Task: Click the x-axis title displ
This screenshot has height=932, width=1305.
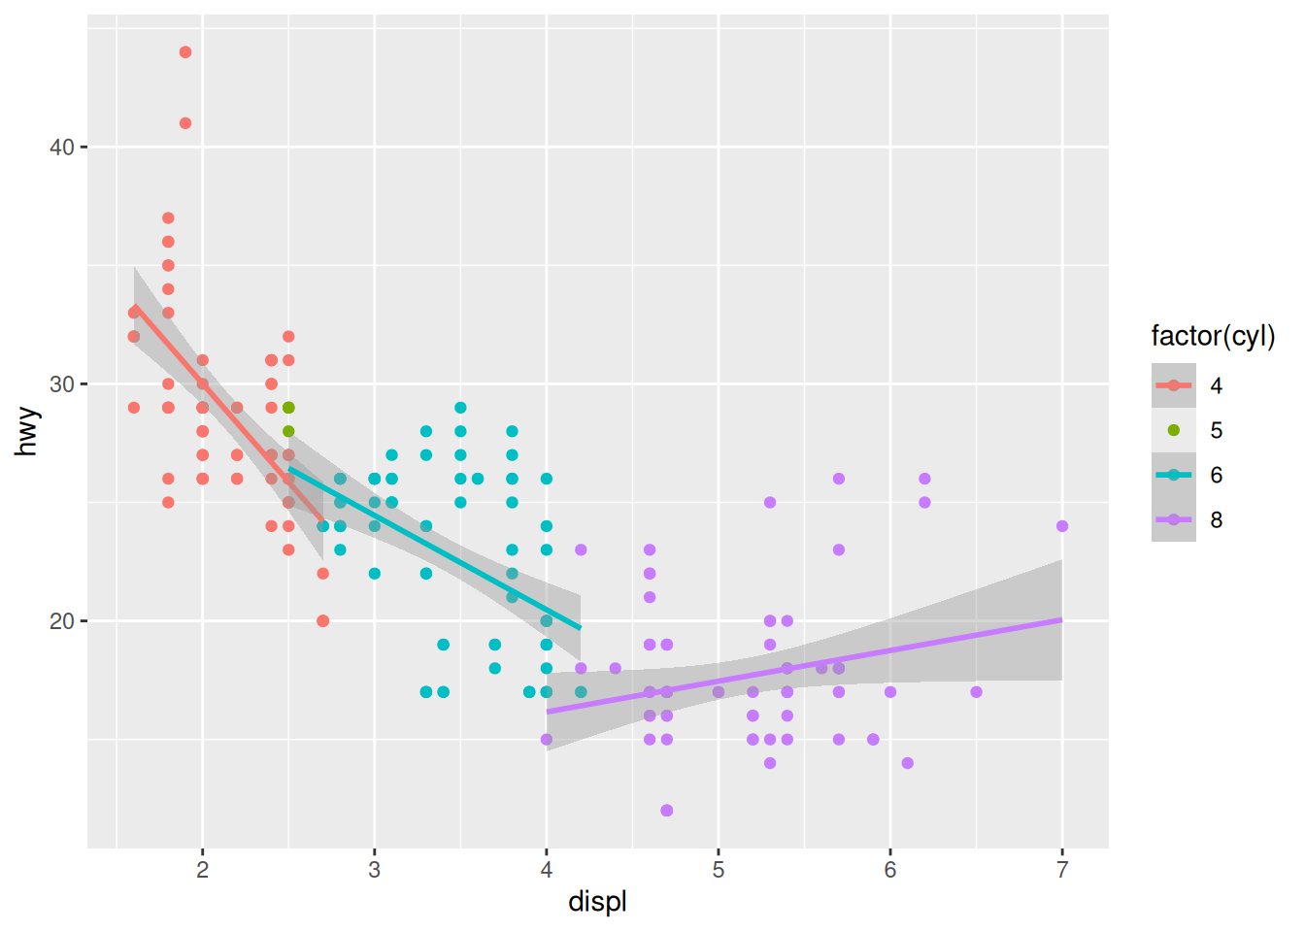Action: [x=597, y=902]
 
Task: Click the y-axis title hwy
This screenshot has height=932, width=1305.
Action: [x=27, y=432]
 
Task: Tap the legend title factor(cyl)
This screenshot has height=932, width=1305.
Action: [x=1213, y=336]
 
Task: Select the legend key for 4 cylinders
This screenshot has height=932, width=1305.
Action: [x=1174, y=385]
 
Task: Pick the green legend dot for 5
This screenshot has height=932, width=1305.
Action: [x=1174, y=430]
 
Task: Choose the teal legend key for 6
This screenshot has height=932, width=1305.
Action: [x=1174, y=475]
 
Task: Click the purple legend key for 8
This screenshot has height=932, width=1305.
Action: [x=1174, y=519]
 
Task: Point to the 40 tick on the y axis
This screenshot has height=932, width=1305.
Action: [x=62, y=148]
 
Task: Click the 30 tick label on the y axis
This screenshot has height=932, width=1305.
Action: [x=62, y=384]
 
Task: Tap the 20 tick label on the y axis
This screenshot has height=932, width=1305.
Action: [x=62, y=621]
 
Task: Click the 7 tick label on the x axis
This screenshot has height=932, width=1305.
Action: [x=1062, y=870]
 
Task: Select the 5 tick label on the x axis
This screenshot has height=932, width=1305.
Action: [x=719, y=870]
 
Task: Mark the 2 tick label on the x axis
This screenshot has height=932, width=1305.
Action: [x=202, y=870]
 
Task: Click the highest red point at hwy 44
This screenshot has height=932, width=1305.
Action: [x=185, y=52]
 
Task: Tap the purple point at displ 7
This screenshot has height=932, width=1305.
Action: [x=1062, y=526]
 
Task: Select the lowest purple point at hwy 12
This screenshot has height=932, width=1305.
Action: [x=667, y=811]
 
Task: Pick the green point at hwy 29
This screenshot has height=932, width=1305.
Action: [x=288, y=408]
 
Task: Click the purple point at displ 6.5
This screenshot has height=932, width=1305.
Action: [x=976, y=692]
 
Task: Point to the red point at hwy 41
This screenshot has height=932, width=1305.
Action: [x=185, y=123]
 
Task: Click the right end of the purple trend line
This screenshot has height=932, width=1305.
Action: [x=1061, y=619]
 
